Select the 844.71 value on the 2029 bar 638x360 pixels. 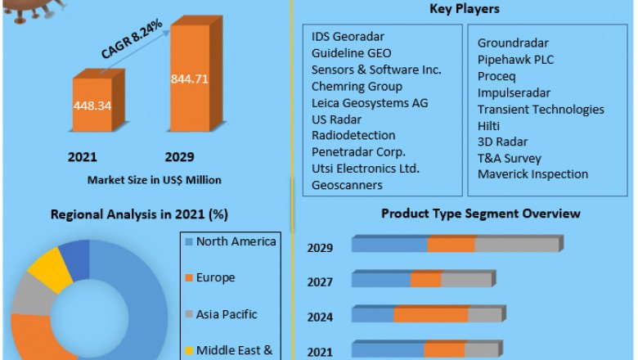pos(189,79)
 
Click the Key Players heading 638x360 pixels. pos(464,9)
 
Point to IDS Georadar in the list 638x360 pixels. pos(348,37)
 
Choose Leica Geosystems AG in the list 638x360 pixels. pos(369,103)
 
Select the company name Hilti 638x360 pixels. pos(488,125)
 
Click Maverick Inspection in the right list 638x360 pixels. pos(532,174)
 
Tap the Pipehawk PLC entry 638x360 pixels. pos(515,59)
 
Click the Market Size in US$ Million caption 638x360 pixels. pos(155,180)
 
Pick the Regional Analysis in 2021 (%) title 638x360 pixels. pos(139,215)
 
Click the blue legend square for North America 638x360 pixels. pos(189,241)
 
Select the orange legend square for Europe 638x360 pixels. pos(189,278)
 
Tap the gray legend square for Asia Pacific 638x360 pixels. pos(189,314)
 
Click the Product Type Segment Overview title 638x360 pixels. pos(480,214)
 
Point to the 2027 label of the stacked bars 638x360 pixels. pos(320,282)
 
